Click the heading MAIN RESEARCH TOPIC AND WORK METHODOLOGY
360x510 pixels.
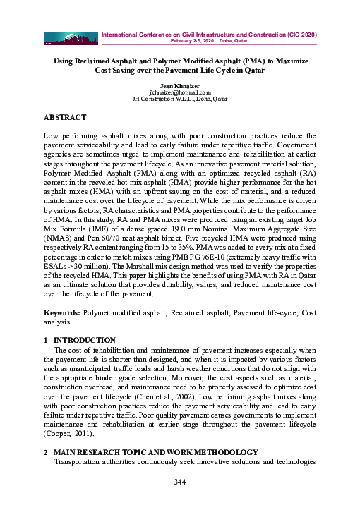tap(156, 451)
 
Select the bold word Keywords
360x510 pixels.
tap(61, 310)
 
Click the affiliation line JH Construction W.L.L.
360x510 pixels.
tap(180, 99)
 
